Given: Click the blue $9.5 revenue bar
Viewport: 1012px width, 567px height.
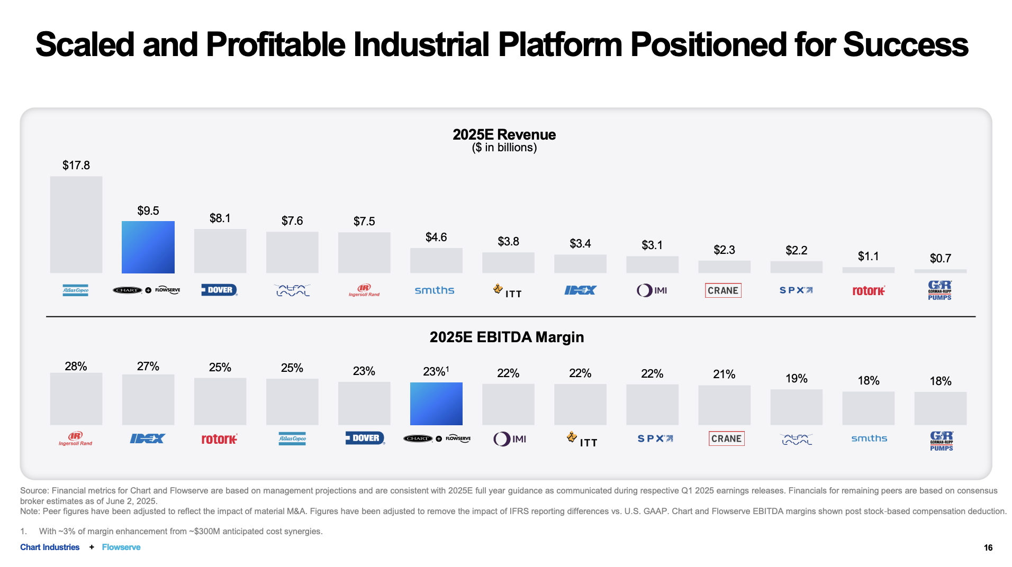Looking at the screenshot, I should (148, 247).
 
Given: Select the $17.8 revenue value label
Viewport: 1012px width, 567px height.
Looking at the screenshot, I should (76, 165).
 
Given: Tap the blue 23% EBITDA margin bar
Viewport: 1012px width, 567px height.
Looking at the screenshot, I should (436, 404).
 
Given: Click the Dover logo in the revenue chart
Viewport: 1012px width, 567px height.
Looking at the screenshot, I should (219, 290).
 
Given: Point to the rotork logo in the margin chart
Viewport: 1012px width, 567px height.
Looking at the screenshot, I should (219, 439).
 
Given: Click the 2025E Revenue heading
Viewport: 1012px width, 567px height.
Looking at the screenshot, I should (504, 134).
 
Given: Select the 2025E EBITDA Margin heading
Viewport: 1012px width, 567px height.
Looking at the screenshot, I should (507, 337).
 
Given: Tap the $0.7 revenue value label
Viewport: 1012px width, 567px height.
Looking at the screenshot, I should (940, 258).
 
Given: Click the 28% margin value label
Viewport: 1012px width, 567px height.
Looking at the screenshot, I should (76, 366).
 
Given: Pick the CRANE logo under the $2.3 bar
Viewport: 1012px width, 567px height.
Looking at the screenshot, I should (723, 290).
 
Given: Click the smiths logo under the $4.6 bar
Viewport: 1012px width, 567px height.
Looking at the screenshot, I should (435, 290).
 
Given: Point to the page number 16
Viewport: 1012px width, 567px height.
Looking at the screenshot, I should (988, 547).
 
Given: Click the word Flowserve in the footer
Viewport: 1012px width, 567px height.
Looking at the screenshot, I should (121, 547).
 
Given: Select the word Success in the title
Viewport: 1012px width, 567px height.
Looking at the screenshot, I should (906, 44).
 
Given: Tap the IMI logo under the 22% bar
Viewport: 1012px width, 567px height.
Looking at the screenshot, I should (509, 439).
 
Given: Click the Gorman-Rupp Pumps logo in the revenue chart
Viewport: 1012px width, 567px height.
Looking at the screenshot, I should (939, 290).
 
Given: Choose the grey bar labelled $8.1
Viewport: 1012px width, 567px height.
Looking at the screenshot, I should (220, 251).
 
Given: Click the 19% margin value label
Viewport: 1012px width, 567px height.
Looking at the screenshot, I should (796, 378).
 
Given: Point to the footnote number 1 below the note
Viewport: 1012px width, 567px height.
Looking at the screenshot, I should (23, 531).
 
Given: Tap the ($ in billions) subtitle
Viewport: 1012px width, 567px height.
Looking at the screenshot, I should (504, 148).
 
